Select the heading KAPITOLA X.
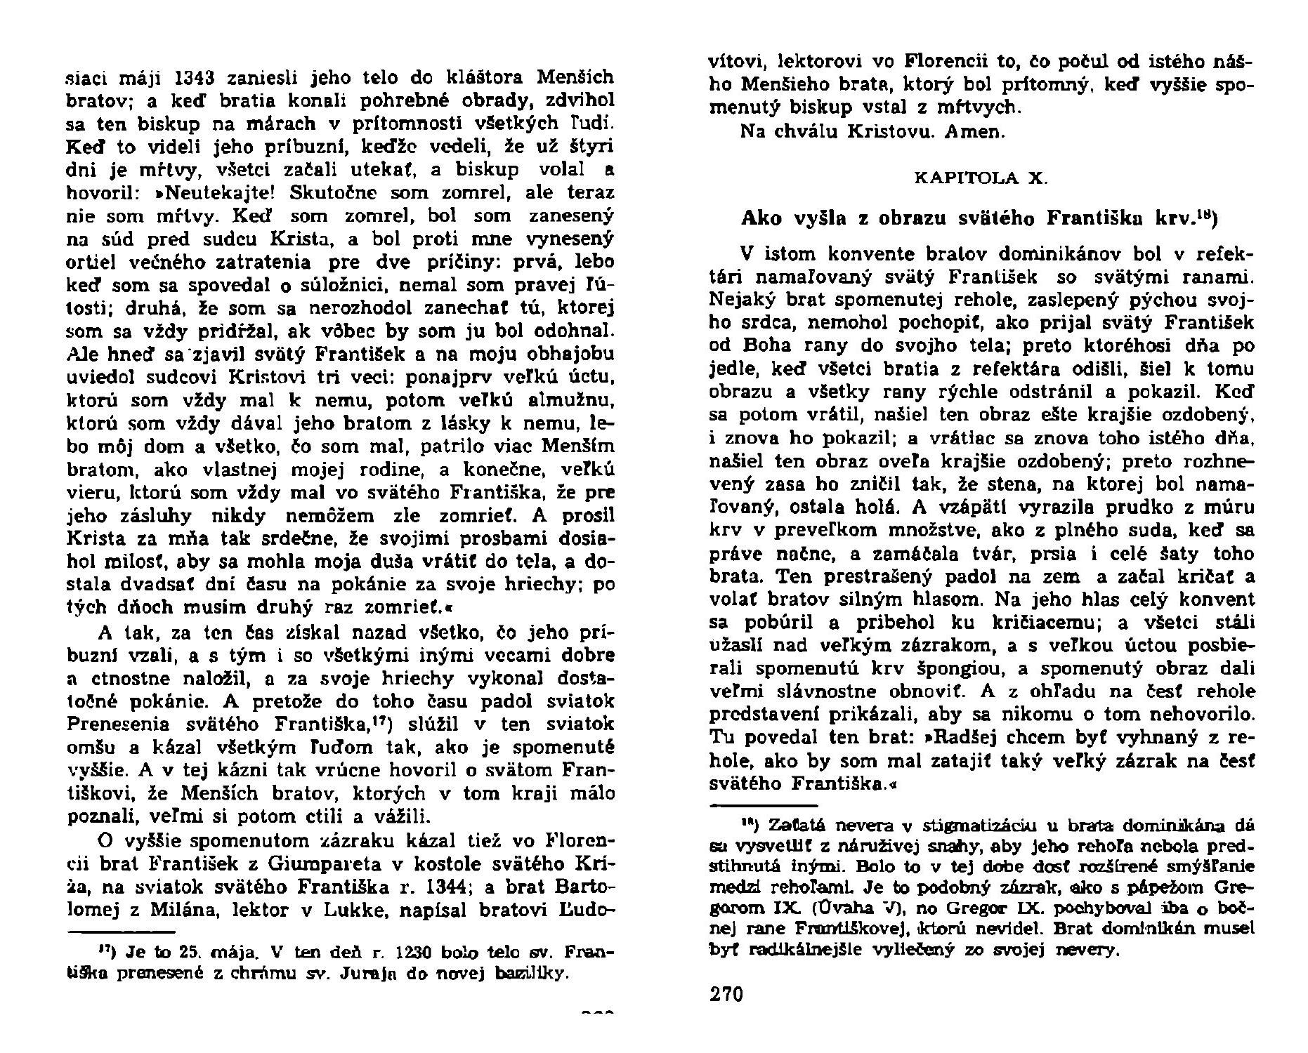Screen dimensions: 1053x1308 coord(981,178)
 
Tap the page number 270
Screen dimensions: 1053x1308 coord(726,994)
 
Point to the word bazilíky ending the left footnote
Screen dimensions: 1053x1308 coord(530,975)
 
